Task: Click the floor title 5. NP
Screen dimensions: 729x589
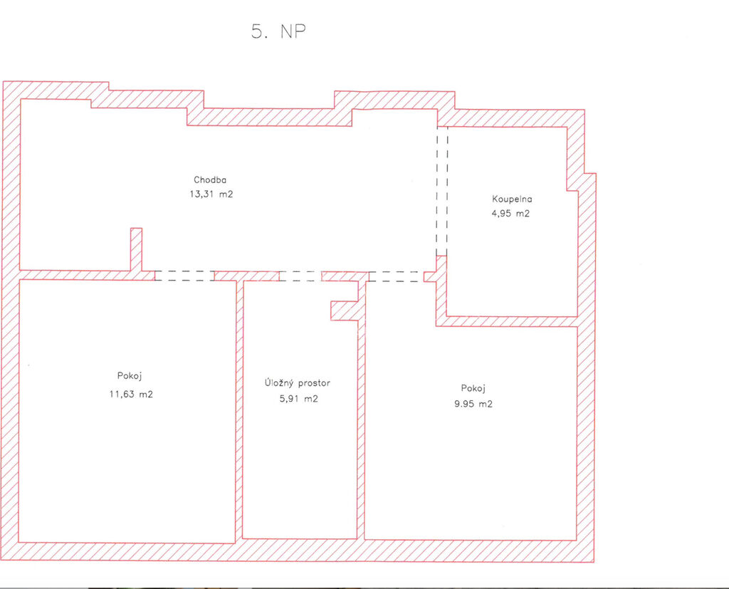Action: click(278, 31)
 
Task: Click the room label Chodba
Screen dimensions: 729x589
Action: click(210, 179)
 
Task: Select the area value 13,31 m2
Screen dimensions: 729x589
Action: click(211, 194)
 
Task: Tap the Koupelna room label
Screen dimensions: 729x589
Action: click(512, 199)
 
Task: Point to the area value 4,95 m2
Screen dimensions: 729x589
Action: click(510, 214)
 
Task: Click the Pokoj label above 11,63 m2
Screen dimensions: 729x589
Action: click(130, 376)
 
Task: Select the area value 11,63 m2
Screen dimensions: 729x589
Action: click(131, 394)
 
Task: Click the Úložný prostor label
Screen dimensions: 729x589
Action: click(298, 383)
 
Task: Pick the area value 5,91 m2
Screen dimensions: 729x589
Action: click(298, 399)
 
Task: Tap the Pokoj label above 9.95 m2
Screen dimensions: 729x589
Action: click(473, 388)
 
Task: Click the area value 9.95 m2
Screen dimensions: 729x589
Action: click(473, 404)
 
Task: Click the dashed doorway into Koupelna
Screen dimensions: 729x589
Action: click(442, 191)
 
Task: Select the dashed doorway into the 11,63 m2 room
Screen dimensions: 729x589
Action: click(184, 276)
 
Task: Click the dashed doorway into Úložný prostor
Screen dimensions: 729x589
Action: click(300, 276)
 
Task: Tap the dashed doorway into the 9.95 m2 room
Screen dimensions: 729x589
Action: click(396, 277)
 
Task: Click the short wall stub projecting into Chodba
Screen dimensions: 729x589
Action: click(136, 249)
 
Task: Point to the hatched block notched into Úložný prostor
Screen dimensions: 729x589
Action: click(345, 311)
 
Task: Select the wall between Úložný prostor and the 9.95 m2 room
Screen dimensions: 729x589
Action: click(361, 410)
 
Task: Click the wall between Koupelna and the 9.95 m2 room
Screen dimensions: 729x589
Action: click(507, 321)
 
